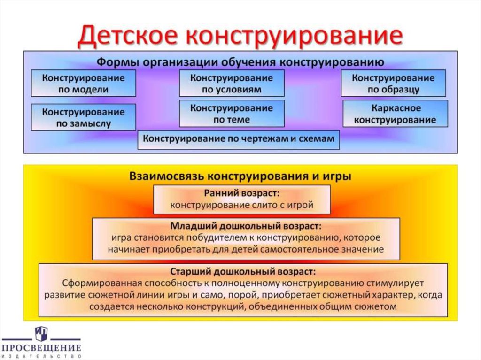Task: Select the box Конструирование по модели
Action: point(83,84)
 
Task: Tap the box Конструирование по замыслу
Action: point(83,118)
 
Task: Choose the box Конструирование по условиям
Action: point(232,84)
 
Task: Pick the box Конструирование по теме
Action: point(232,114)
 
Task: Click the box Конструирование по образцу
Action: point(393,84)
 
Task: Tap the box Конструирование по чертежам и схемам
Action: point(239,139)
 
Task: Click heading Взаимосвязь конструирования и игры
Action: point(240,176)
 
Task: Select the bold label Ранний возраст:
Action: point(241,193)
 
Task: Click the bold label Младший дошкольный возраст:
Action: point(246,225)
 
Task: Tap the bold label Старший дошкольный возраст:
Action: point(242,272)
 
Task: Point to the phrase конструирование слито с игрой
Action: point(241,205)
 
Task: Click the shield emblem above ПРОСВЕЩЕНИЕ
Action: point(41,333)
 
